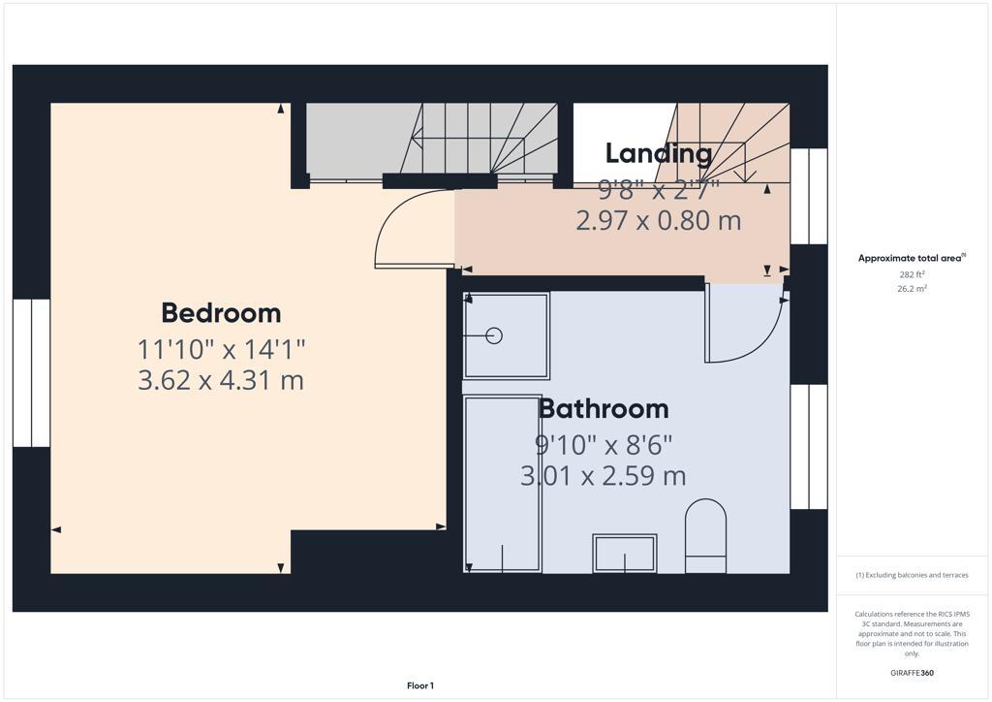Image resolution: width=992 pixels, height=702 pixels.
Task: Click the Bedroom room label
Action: [221, 313]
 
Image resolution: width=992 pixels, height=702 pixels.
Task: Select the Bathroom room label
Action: [604, 408]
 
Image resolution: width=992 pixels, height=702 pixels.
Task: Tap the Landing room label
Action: [659, 153]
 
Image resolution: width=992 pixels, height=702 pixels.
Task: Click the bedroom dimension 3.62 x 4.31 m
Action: [221, 379]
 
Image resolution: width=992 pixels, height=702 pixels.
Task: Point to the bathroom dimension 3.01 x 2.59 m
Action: [604, 475]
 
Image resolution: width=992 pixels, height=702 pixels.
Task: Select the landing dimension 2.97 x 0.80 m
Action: [659, 221]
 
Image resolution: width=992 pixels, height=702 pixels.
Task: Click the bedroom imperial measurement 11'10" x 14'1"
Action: [221, 347]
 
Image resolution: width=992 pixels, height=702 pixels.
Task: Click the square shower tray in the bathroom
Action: [507, 335]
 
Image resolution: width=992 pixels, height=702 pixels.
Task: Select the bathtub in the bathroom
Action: [502, 483]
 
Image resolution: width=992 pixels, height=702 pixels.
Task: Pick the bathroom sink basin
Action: [625, 554]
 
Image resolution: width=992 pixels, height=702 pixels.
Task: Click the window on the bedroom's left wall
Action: [31, 372]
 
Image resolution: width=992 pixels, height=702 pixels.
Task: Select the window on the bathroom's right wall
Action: [809, 446]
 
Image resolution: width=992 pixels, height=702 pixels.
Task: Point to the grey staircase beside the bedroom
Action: [431, 141]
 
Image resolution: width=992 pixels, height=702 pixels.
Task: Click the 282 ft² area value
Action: [911, 274]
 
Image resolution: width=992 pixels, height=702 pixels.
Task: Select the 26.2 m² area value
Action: [911, 288]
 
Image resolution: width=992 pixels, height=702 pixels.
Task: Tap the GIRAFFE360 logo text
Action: [912, 673]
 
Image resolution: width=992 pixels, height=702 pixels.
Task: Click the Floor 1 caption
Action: [419, 686]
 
